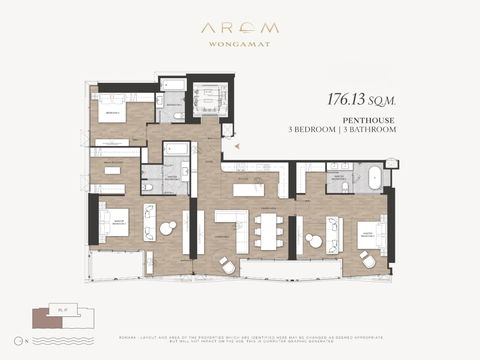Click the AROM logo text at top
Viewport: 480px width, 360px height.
(239, 29)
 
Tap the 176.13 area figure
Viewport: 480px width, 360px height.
(354, 100)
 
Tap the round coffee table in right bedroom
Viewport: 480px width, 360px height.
(318, 241)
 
